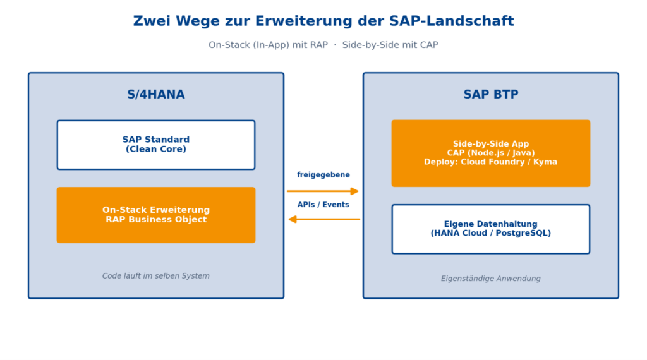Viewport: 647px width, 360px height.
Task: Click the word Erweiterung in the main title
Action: [303, 21]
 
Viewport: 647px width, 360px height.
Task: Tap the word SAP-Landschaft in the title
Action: [451, 21]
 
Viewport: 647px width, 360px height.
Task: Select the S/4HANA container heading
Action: [156, 95]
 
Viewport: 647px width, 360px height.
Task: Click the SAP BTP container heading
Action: [490, 95]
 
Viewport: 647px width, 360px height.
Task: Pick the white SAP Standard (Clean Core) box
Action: [156, 145]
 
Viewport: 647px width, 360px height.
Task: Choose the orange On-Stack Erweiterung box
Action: [156, 215]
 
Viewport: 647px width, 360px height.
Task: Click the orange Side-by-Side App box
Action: [490, 153]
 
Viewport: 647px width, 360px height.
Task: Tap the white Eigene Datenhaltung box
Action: [490, 229]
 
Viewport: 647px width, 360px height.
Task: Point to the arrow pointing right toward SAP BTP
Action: [323, 191]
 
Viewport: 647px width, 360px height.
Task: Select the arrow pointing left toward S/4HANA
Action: [324, 219]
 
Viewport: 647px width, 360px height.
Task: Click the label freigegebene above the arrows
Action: [323, 175]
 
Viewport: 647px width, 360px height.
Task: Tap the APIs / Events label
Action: [323, 205]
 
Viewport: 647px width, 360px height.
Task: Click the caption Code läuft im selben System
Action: [156, 276]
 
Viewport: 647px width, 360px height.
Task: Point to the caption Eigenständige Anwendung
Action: [490, 279]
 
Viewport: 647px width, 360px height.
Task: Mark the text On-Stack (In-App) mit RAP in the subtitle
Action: [268, 45]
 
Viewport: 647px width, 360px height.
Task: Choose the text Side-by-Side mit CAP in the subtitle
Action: [390, 45]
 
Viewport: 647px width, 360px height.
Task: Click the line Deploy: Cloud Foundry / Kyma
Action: [490, 162]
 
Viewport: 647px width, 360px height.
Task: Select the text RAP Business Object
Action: [156, 219]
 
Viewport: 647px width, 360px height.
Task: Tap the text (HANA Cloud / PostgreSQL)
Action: [490, 234]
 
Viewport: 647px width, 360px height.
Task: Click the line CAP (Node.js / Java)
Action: [490, 153]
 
